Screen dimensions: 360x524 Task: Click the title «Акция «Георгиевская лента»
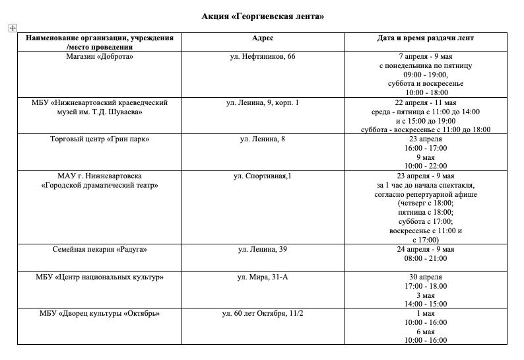point(263,17)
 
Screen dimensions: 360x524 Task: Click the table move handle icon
point(13,28)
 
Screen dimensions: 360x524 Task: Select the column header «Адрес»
point(263,38)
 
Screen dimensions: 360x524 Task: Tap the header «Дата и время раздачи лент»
point(425,38)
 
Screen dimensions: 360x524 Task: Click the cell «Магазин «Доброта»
point(100,57)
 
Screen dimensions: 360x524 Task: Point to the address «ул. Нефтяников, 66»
point(263,57)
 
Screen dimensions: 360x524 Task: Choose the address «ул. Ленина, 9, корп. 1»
point(263,102)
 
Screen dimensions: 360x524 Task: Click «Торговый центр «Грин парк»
point(100,139)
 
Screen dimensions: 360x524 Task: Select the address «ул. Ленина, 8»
point(263,139)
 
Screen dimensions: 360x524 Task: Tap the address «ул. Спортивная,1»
point(263,176)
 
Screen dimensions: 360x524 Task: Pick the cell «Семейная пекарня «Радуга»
point(100,250)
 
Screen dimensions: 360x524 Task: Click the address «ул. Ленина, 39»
point(263,250)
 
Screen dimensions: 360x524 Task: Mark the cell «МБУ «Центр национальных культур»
point(100,277)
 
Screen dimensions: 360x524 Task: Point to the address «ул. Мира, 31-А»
point(263,277)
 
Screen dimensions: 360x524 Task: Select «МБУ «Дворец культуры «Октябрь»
point(100,313)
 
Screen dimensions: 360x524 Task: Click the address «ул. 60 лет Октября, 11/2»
point(263,313)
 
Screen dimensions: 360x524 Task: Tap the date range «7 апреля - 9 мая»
point(426,57)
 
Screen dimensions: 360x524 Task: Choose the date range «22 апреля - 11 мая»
point(426,102)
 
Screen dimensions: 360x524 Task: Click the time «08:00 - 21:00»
point(426,259)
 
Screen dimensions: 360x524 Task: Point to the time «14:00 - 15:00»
point(426,304)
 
